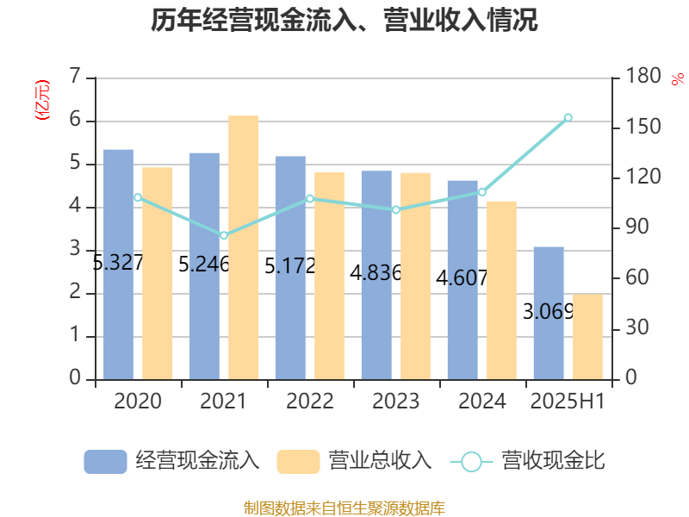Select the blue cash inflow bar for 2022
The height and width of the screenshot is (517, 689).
(x=290, y=267)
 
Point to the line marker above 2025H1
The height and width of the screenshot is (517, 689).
(x=568, y=117)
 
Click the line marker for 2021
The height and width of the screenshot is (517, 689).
(x=224, y=235)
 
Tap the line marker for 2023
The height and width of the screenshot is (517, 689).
(x=396, y=209)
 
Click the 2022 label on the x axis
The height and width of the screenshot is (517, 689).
(x=310, y=402)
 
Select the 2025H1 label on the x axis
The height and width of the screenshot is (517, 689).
(x=568, y=402)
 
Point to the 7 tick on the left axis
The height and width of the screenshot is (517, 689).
(x=76, y=78)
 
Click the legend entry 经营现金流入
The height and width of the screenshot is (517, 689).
(x=172, y=461)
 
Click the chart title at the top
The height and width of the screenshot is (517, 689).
(x=344, y=21)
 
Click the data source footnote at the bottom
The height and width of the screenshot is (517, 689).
(x=344, y=508)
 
